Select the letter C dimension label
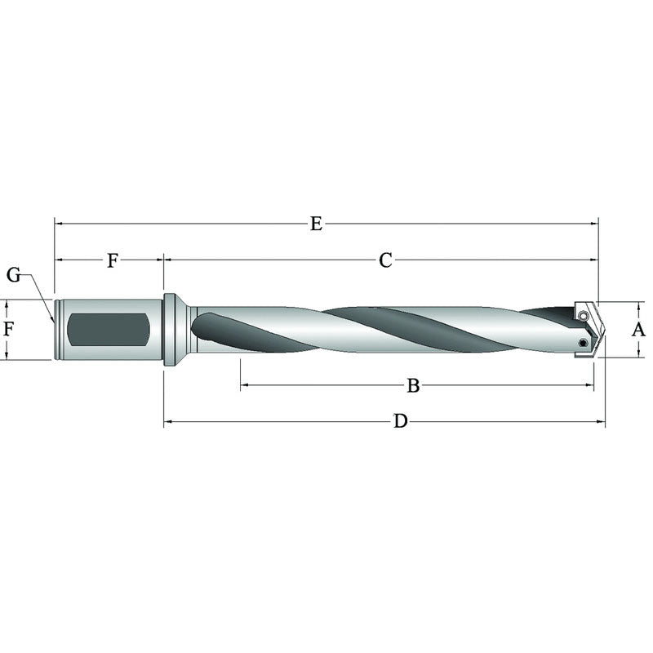pos(385,260)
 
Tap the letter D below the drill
pos(400,421)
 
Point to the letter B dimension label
pos(413,385)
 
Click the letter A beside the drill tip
pos(639,330)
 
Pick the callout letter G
pos(14,275)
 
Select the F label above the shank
pos(113,260)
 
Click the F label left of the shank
pos(8,330)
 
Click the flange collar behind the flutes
pos(171,330)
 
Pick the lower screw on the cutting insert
pos(582,344)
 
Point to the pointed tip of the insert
pos(605,330)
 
